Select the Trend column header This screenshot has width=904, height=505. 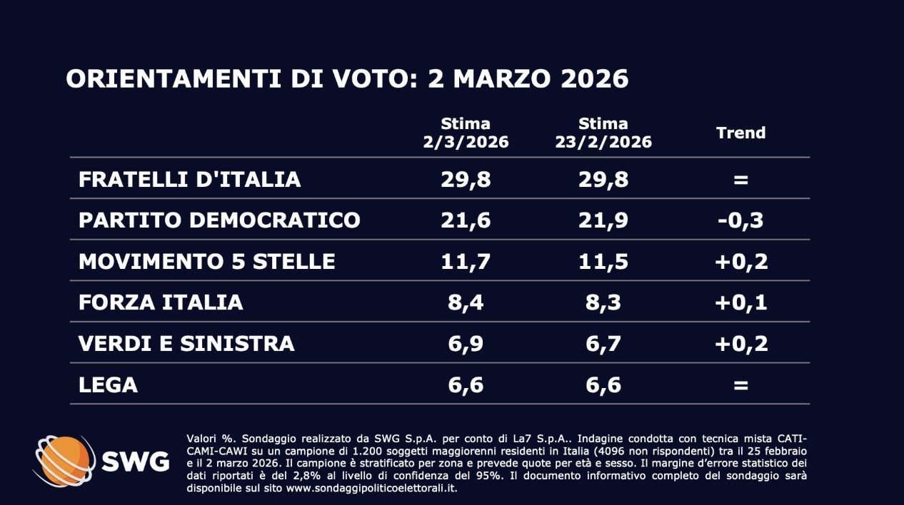740,133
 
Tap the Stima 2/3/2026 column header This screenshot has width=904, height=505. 466,133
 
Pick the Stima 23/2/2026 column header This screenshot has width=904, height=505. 603,133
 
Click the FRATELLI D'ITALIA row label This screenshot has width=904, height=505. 189,179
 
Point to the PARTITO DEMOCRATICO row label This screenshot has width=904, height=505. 219,220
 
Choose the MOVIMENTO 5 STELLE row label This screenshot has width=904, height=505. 206,261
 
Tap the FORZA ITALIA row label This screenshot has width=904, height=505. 161,302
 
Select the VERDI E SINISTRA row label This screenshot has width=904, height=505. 186,344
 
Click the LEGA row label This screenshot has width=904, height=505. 108,385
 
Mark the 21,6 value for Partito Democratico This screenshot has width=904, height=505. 466,220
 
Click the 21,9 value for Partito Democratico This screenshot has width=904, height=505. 603,220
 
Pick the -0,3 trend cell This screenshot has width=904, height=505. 740,220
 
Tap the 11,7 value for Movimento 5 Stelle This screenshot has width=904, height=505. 466,261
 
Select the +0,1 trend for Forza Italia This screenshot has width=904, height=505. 740,302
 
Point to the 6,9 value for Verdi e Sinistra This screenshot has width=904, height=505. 466,344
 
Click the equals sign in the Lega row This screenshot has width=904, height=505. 740,385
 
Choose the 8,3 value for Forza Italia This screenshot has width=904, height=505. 603,302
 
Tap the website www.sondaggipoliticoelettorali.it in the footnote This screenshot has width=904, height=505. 371,489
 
